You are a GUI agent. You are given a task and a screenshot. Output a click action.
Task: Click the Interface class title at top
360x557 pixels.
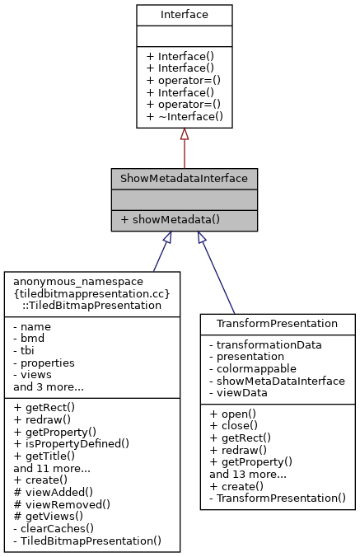185,14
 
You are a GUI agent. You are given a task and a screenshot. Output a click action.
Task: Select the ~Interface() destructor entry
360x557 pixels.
185,116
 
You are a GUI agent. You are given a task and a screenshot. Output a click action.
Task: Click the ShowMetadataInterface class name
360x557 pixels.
185,179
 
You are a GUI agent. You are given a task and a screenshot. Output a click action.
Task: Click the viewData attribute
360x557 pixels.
242,393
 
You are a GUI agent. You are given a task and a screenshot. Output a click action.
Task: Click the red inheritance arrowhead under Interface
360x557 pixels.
185,134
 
